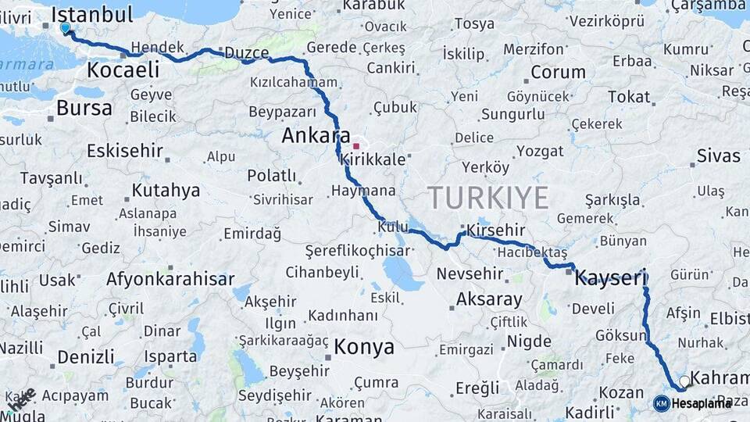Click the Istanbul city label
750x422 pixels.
(92, 13)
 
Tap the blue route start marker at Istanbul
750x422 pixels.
(66, 28)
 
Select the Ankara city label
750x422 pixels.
(316, 135)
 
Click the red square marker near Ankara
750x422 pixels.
(356, 146)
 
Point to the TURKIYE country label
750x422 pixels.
(488, 198)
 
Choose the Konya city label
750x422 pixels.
(364, 347)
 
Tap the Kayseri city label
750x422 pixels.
(612, 277)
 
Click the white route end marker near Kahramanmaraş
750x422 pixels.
(684, 381)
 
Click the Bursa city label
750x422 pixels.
(84, 108)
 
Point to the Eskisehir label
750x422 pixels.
(125, 150)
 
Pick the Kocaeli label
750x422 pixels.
(123, 70)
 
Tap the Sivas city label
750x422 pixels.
(718, 156)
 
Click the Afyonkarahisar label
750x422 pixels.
(170, 279)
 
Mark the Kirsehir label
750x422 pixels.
(496, 231)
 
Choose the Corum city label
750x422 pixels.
(558, 73)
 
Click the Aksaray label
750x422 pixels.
(489, 299)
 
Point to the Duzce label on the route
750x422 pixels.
(246, 54)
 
